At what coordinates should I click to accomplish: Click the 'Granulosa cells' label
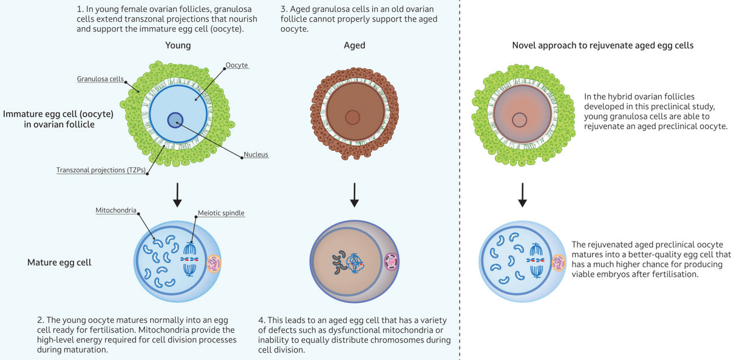(x=100, y=79)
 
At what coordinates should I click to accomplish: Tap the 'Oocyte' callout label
(x=237, y=65)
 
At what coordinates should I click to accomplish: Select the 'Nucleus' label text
(x=256, y=154)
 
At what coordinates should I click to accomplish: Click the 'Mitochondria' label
(x=116, y=210)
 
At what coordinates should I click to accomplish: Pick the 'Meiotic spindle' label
(x=221, y=213)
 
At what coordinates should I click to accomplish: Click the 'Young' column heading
(x=178, y=45)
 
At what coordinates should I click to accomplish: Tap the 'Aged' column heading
(x=354, y=45)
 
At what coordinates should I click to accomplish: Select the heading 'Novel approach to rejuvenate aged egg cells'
(x=603, y=45)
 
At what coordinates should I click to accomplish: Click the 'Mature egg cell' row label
(x=59, y=262)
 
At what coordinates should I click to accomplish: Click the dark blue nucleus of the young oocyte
(x=176, y=120)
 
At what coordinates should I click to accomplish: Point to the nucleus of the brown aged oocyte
(x=353, y=117)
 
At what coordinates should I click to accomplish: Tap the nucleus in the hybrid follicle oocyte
(x=519, y=119)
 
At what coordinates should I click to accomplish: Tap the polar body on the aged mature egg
(x=391, y=261)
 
